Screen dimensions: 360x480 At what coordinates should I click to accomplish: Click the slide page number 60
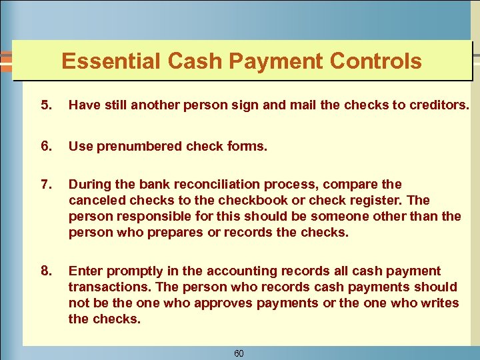(239, 353)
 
